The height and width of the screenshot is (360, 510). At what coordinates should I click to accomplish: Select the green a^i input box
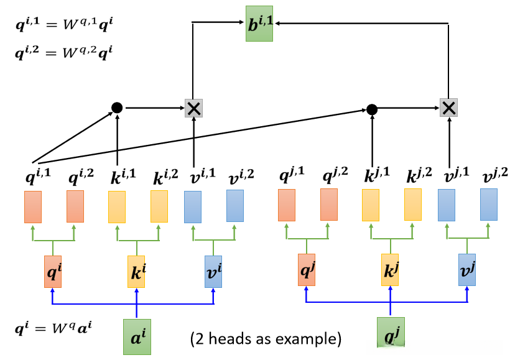pyautogui.click(x=137, y=336)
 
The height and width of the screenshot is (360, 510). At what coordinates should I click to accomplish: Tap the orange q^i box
pyautogui.click(x=53, y=271)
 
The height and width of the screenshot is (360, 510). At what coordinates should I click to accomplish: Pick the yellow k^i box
pyautogui.click(x=136, y=271)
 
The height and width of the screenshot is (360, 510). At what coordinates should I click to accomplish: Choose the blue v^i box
pyautogui.click(x=213, y=271)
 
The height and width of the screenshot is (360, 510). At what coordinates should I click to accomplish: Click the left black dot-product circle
pyautogui.click(x=117, y=108)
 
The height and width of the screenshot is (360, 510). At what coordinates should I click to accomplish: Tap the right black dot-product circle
pyautogui.click(x=372, y=109)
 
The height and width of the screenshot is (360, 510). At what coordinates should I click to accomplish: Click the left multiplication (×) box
pyautogui.click(x=194, y=108)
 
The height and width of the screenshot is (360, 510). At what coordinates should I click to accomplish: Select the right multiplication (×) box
pyautogui.click(x=448, y=108)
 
